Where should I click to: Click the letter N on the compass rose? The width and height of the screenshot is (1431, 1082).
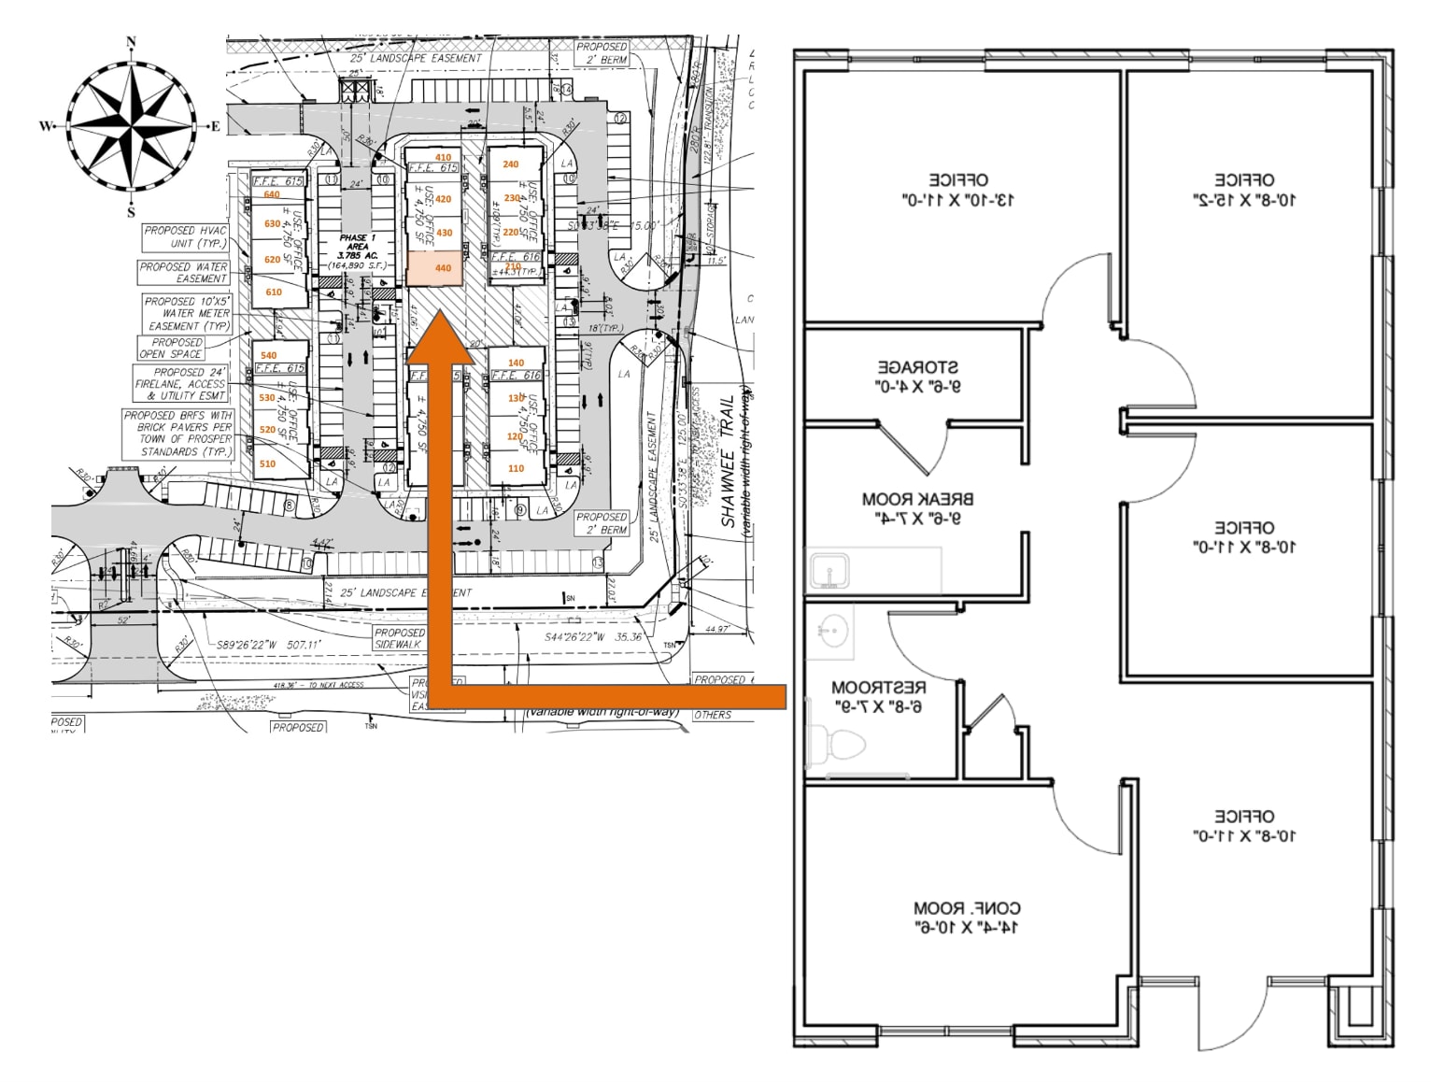coord(131,42)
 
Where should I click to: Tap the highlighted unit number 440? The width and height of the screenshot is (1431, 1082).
coord(443,268)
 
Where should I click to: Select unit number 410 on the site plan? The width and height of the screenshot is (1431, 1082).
coord(443,158)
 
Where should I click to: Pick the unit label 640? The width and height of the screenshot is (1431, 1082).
coord(271,195)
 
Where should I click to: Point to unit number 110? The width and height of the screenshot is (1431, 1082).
coord(516,469)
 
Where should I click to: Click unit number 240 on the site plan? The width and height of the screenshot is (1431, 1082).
coord(510,164)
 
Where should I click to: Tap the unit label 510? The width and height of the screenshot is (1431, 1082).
coord(267,463)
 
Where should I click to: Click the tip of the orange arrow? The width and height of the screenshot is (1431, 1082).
coord(440,316)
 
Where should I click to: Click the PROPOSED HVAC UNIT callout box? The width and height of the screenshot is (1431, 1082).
coord(185,236)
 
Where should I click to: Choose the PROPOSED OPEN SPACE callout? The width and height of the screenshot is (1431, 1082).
coord(171,349)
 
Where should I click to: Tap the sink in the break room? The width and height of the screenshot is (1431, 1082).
coord(829,570)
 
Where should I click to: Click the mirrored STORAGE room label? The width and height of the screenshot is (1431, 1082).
coord(917,376)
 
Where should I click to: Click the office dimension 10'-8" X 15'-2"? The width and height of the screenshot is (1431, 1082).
coord(1243,199)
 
